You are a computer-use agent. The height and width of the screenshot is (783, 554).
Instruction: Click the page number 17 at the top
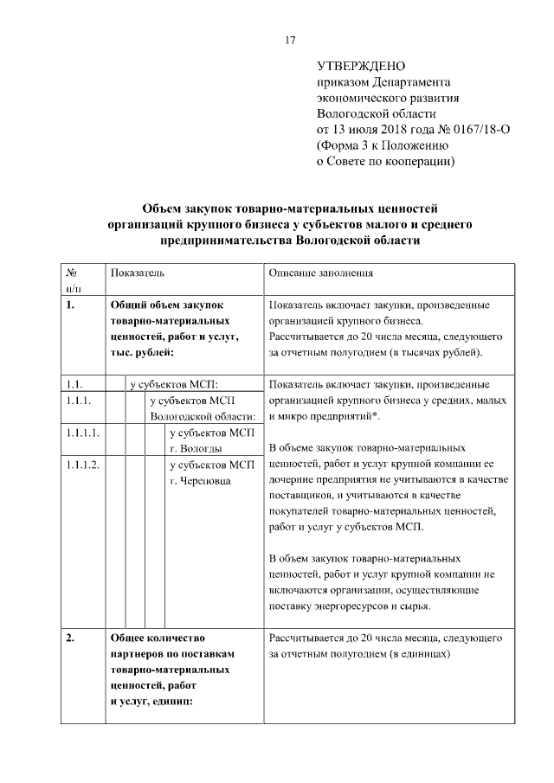point(291,40)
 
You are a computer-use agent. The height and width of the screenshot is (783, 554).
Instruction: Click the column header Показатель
point(137,273)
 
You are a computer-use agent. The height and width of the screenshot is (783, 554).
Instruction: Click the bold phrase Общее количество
point(156,639)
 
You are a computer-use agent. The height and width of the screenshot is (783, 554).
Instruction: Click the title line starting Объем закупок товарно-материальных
point(291,209)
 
